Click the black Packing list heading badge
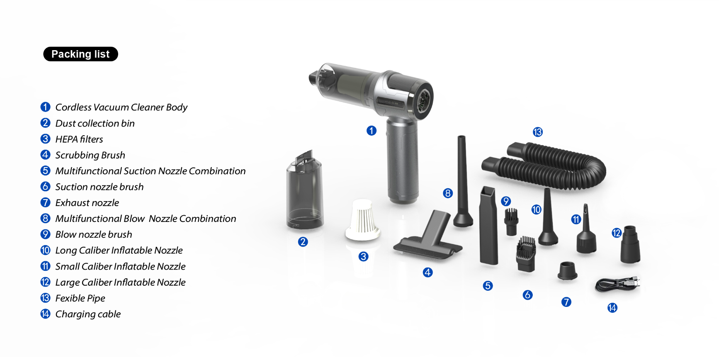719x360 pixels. tap(80, 54)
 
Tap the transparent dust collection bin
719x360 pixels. tap(305, 190)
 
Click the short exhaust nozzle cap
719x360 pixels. tap(567, 271)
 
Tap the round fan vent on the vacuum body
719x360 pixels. tap(423, 100)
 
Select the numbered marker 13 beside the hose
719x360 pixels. tap(538, 132)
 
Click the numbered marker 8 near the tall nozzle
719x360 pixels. tap(448, 193)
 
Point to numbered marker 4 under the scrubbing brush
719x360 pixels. tap(428, 272)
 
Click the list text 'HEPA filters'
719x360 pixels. tap(79, 139)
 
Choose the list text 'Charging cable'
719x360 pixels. tap(88, 314)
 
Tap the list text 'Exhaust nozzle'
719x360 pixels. tap(87, 203)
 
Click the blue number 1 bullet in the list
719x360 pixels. tap(45, 107)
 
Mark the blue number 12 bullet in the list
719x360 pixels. tap(45, 282)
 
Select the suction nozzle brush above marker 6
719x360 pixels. tap(526, 254)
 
